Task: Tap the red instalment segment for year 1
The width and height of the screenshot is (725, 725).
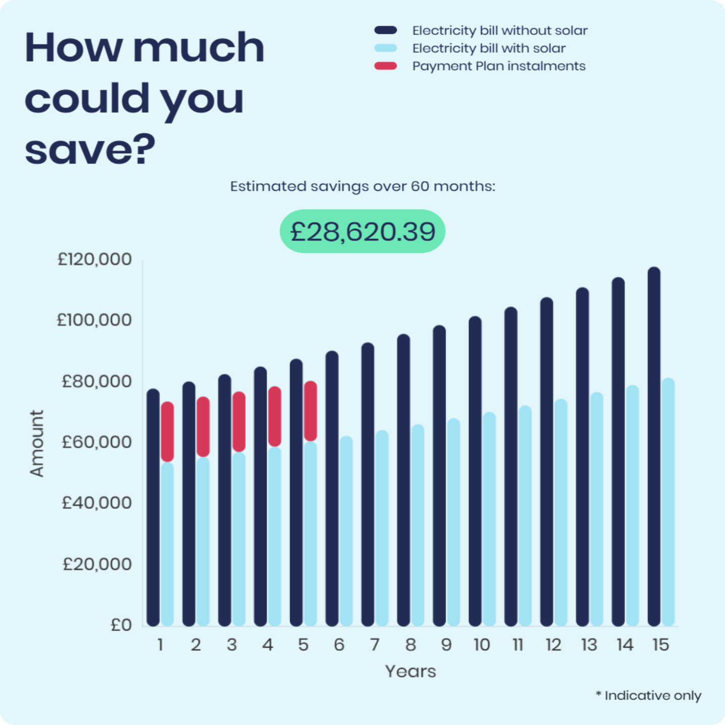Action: pos(168,432)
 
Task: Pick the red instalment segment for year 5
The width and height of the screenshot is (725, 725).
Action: pos(310,411)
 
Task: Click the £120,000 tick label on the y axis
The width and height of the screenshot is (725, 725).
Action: pos(94,259)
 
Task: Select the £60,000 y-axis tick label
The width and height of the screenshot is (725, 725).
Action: pos(96,442)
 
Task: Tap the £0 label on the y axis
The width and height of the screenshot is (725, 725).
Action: pos(121,625)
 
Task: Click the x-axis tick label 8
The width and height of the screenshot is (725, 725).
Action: pos(410,645)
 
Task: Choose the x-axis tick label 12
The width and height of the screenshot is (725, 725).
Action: pos(553,645)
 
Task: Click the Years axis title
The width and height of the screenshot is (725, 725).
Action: pos(410,671)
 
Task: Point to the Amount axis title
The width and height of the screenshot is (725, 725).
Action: pos(37,443)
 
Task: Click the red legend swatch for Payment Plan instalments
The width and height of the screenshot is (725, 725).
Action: pos(386,66)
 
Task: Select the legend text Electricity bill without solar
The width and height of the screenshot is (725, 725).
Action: pos(500,31)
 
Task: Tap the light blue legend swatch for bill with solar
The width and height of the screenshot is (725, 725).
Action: pos(386,48)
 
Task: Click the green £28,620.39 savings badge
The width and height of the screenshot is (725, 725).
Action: pos(362,231)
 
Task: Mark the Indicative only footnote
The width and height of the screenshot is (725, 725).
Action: pos(648,696)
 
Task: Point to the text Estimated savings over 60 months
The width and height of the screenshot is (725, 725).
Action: pos(362,186)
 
